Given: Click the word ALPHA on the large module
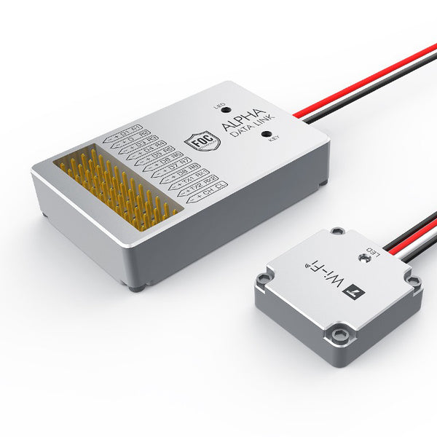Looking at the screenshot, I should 246,122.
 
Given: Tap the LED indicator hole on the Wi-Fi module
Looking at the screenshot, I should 361,257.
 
